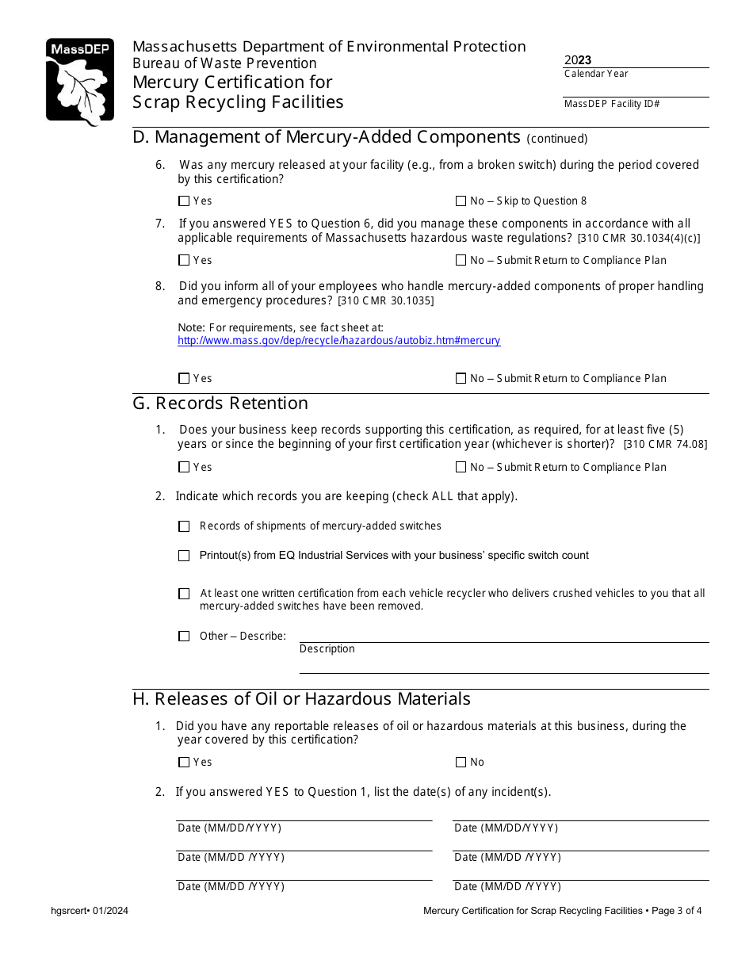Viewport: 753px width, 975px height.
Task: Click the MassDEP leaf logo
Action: coord(79,82)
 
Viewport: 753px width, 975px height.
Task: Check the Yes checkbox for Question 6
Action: coord(184,201)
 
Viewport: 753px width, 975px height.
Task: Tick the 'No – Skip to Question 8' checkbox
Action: coord(461,201)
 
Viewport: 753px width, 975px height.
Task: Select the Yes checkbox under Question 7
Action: coord(184,260)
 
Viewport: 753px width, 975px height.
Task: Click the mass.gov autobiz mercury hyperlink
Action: coord(338,341)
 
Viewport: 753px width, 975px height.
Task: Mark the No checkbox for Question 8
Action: coord(461,379)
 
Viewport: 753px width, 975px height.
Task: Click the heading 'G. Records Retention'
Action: coord(220,403)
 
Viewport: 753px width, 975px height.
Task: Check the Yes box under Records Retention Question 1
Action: coord(184,468)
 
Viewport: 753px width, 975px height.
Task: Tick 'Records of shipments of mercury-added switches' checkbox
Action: coord(184,526)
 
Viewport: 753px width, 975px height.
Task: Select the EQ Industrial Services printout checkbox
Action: coord(184,556)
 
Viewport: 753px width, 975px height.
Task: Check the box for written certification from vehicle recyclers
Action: coord(184,594)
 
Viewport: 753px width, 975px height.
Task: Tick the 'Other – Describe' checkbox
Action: coord(184,636)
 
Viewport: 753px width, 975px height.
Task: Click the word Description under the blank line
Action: coord(327,649)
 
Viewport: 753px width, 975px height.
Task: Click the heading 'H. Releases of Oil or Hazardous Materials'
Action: coord(301,699)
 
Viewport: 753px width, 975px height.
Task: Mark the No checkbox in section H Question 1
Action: coord(461,763)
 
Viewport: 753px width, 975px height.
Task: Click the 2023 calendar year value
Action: coord(578,60)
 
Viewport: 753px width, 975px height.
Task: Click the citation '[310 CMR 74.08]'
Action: coord(665,445)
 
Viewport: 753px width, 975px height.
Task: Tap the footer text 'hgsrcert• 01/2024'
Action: coord(90,911)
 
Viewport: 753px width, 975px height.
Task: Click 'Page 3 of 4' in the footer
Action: coord(676,911)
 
